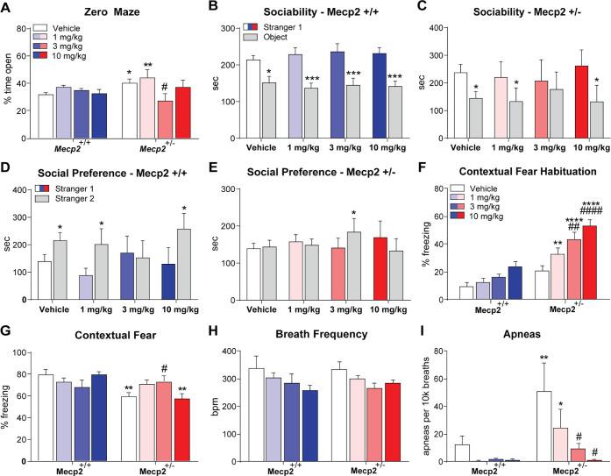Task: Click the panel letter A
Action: pos(7,7)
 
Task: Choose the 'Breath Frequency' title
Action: pos(301,330)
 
